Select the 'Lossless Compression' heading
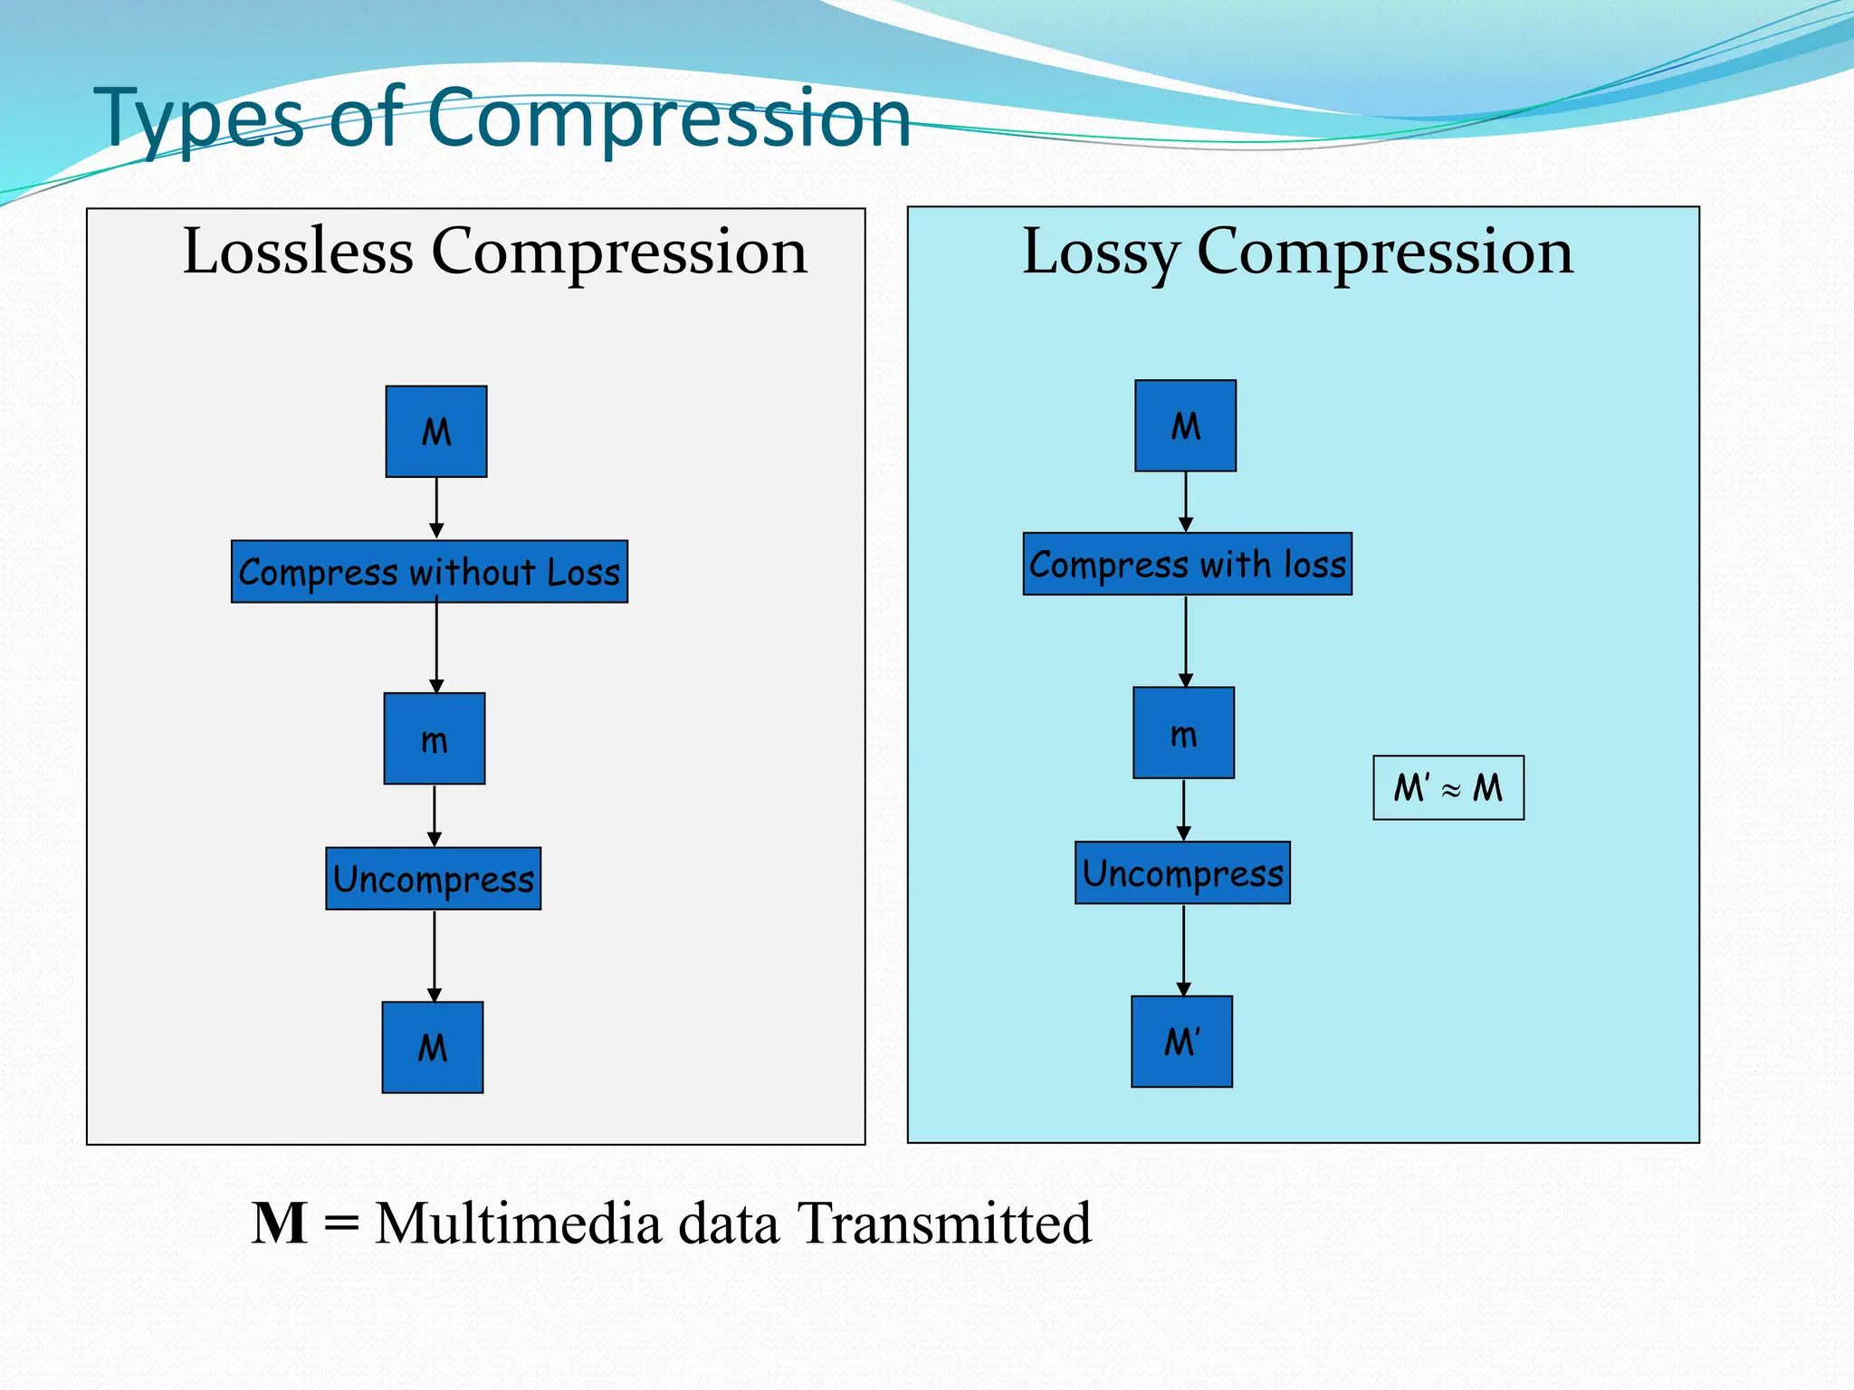494,252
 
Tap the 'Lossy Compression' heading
1297,252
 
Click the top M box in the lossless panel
436,432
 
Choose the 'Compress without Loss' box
429,572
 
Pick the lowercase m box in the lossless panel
435,738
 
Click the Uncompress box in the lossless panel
434,879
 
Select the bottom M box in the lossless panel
433,1047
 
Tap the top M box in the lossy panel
1186,425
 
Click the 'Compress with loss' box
1188,564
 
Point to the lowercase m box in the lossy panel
1184,733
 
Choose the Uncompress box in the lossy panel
1183,872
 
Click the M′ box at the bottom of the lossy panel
1182,1042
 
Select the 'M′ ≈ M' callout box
1448,788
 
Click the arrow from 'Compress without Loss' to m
436,648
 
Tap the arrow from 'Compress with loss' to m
1186,641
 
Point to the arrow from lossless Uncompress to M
435,956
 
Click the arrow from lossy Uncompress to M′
1183,950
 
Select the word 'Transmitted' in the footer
944,1223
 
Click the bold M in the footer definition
280,1223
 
